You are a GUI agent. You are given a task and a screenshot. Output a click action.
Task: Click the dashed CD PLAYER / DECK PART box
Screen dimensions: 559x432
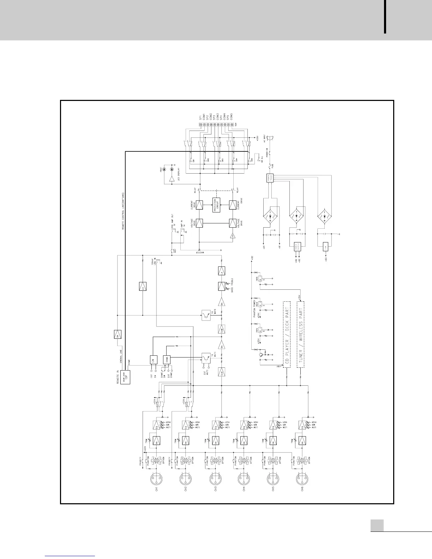[x=287, y=335]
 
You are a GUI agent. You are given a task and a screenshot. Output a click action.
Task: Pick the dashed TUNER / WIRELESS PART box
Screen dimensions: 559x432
[x=301, y=335]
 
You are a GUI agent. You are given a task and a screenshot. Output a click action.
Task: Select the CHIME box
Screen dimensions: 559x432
[x=167, y=360]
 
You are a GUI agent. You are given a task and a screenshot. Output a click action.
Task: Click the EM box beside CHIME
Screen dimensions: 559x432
[x=153, y=360]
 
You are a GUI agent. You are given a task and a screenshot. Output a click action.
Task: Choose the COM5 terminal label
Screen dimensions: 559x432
[x=231, y=116]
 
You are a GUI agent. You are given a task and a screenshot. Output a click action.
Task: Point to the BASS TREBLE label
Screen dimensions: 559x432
[x=232, y=285]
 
